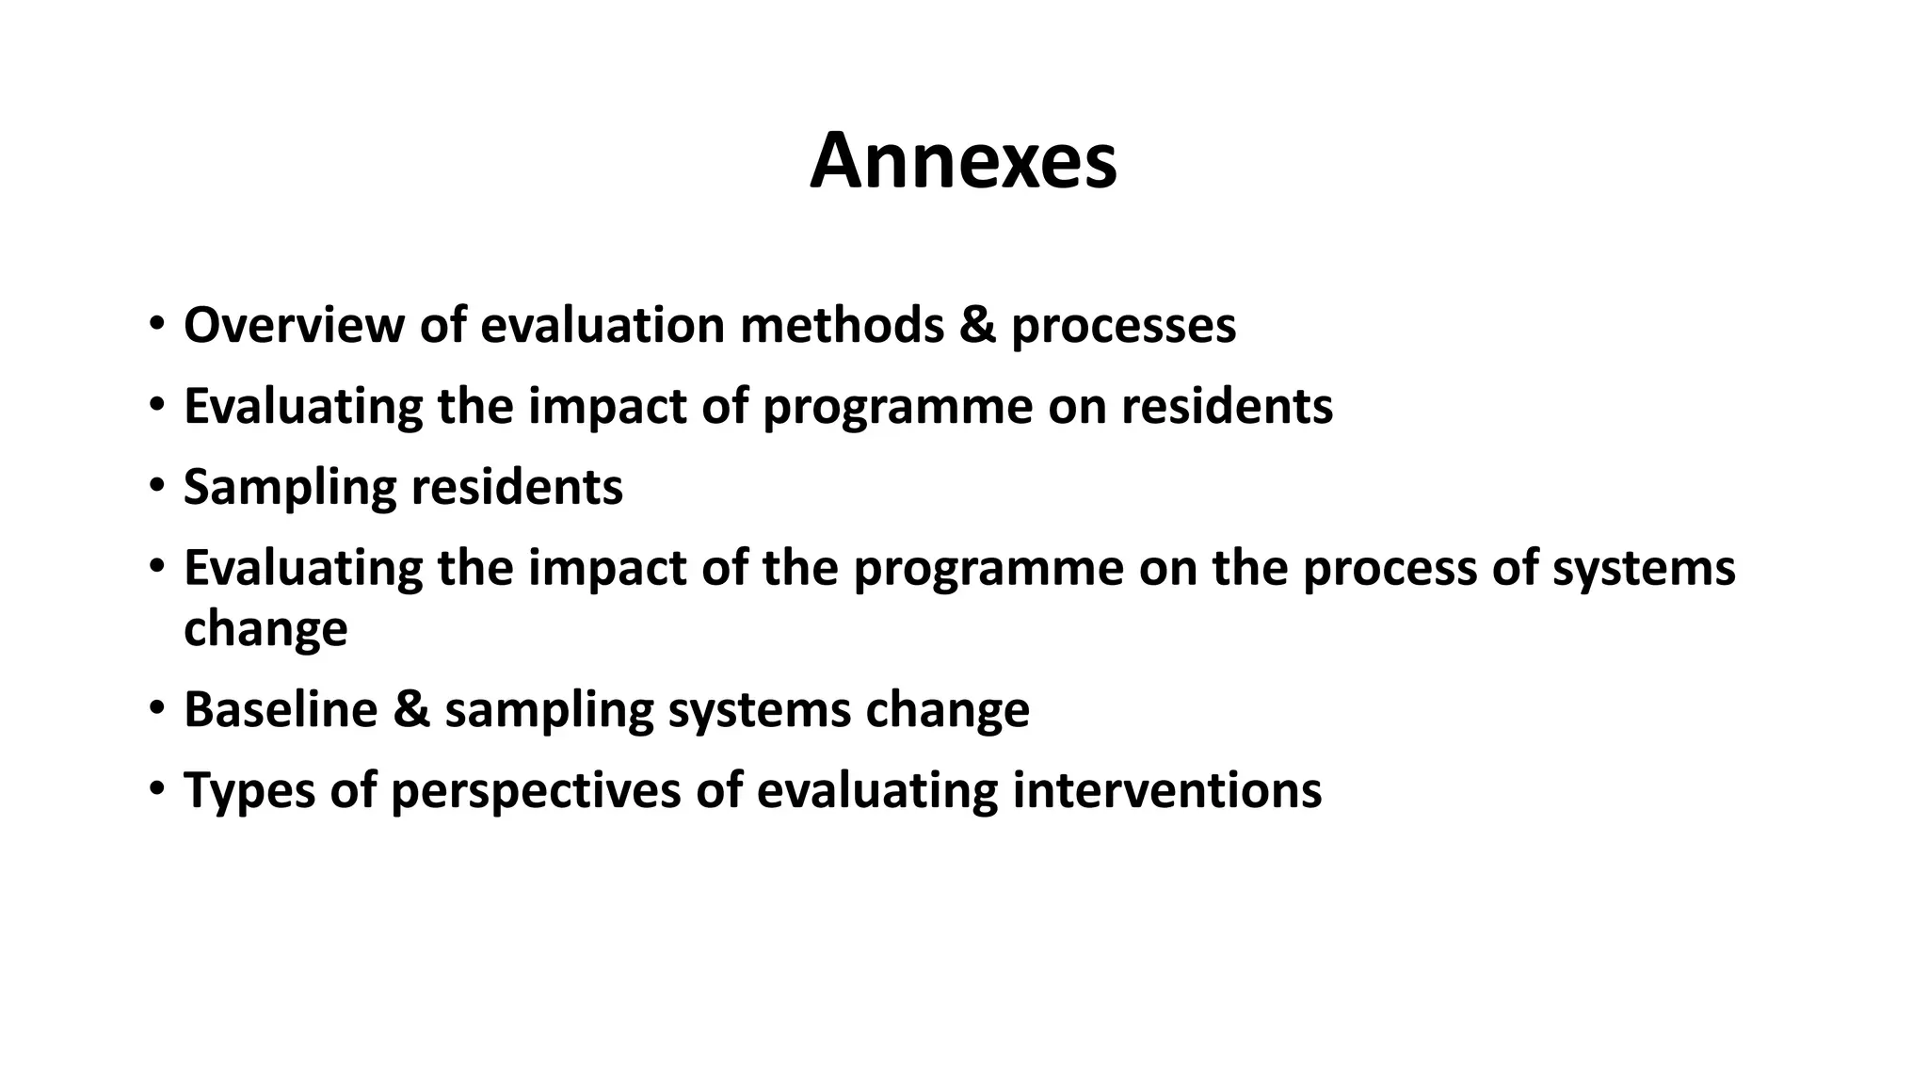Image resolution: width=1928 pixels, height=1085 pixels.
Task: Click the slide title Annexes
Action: (x=963, y=161)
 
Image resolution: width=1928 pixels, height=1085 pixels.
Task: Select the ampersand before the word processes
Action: (x=977, y=325)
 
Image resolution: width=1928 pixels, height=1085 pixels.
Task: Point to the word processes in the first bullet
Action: (x=1123, y=327)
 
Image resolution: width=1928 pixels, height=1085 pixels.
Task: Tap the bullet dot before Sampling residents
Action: (x=155, y=486)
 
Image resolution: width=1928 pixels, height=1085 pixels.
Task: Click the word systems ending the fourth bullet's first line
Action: (x=1643, y=569)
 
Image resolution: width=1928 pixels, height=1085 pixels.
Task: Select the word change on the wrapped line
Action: (x=265, y=628)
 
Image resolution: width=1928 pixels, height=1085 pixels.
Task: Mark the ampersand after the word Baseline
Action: (x=411, y=709)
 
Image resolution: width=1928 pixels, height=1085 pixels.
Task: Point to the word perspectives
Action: (x=536, y=791)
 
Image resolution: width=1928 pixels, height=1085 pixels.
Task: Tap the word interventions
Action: (x=1166, y=790)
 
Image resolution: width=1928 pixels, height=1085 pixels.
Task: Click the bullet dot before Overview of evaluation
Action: (x=155, y=323)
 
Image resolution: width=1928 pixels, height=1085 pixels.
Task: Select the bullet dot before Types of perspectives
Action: (x=155, y=788)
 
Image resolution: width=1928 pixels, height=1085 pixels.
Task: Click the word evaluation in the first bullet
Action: (x=602, y=325)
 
